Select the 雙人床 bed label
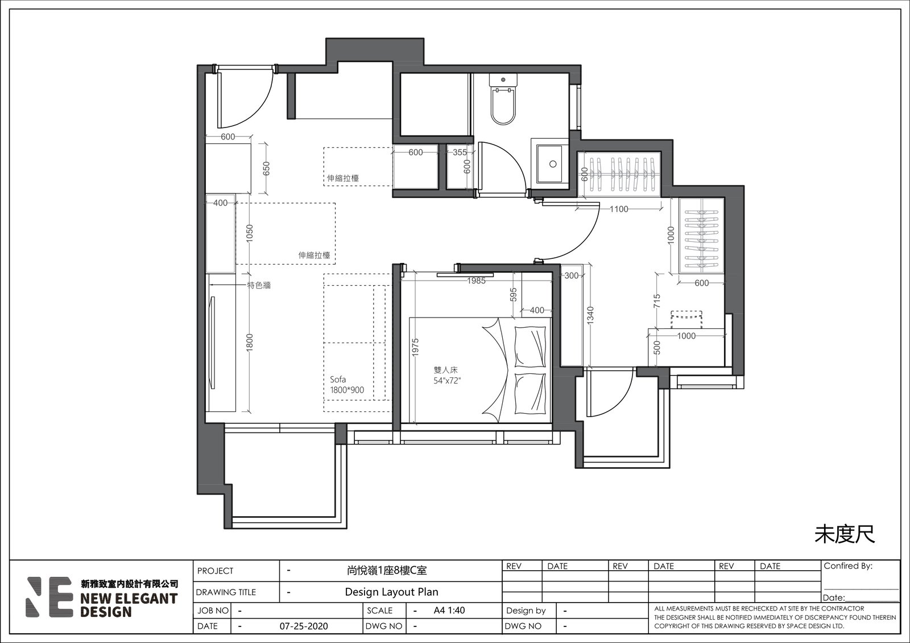446,370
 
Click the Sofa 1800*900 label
346,385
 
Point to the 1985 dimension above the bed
476,281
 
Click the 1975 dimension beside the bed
415,348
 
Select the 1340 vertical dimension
590,315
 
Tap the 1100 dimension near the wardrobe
619,209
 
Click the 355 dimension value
460,152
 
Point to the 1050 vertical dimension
250,233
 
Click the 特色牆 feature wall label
259,285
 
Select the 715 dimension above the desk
657,301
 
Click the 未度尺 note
845,534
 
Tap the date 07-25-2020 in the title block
304,626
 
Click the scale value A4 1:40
449,610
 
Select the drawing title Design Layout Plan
392,592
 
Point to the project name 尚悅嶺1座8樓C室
387,571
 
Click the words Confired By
848,566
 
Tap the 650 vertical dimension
266,168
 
